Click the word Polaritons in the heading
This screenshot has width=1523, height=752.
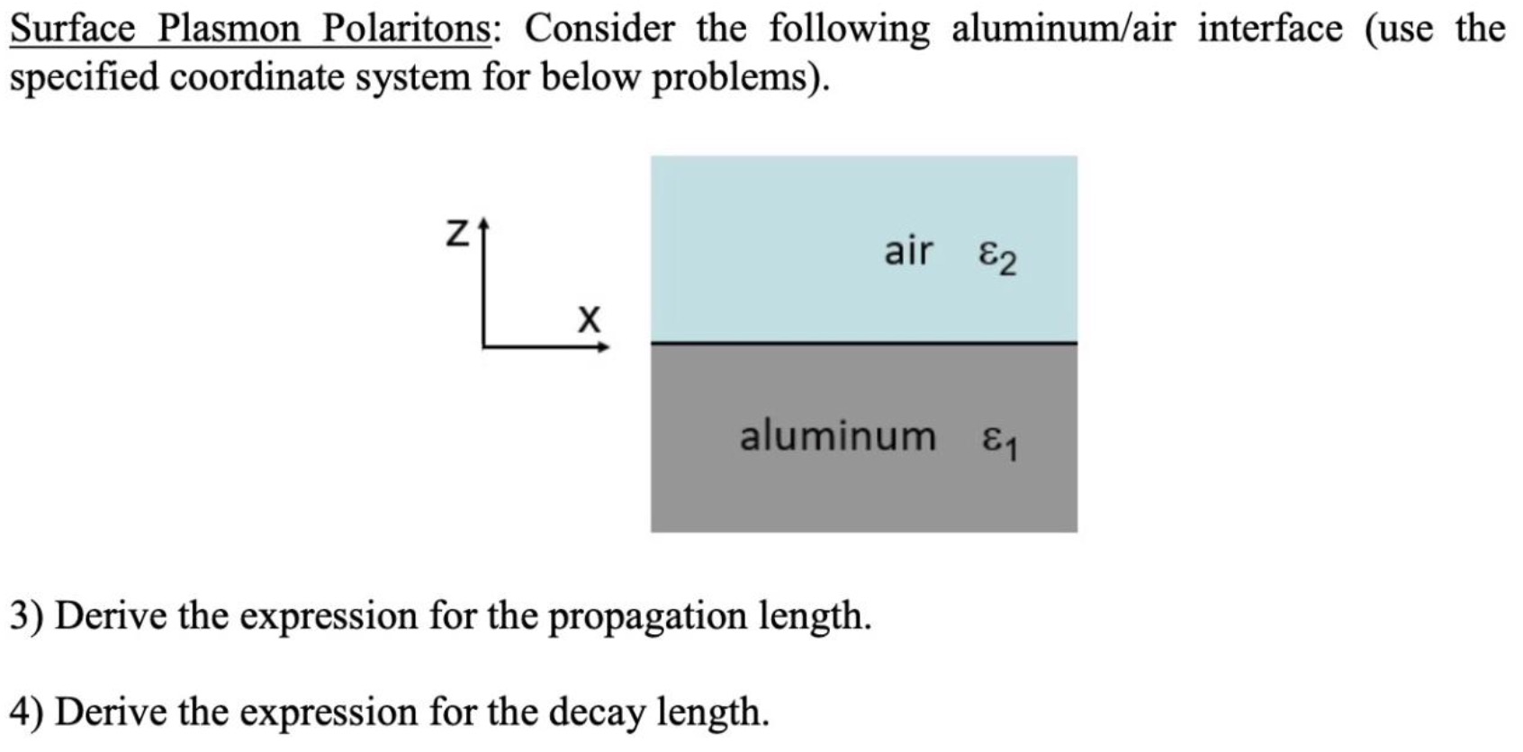[x=408, y=30]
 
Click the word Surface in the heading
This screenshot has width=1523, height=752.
[x=72, y=30]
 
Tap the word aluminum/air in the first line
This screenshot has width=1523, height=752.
[x=1064, y=30]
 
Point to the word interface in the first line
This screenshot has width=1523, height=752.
[x=1270, y=30]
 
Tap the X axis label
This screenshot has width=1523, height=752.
[x=589, y=318]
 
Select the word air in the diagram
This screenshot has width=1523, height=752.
[x=908, y=251]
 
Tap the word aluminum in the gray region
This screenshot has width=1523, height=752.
[x=838, y=436]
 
